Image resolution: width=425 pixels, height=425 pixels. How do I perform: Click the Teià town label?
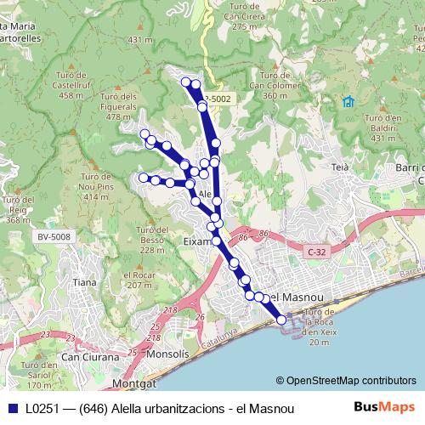click(x=340, y=167)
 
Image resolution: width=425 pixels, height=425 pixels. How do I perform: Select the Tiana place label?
click(x=85, y=282)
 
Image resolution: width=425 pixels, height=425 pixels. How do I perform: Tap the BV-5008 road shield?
click(x=54, y=236)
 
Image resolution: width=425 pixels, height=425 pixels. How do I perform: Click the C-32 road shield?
click(x=317, y=252)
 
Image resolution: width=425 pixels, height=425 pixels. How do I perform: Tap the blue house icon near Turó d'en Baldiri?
click(x=348, y=102)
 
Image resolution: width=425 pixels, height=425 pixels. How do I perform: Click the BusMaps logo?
click(x=384, y=408)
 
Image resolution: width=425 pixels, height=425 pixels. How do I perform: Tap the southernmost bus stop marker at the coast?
click(x=281, y=320)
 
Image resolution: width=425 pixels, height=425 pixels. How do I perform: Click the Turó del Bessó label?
click(x=150, y=241)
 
